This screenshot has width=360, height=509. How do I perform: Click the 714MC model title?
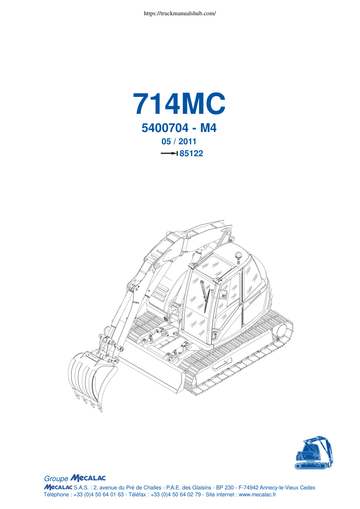pos(179,104)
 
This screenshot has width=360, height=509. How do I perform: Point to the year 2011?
pos(187,141)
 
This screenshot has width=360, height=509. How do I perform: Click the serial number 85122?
pos(191,153)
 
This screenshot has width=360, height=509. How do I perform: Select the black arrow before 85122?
pos(169,153)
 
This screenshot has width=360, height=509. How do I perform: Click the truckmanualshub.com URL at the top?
pos(180,13)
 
